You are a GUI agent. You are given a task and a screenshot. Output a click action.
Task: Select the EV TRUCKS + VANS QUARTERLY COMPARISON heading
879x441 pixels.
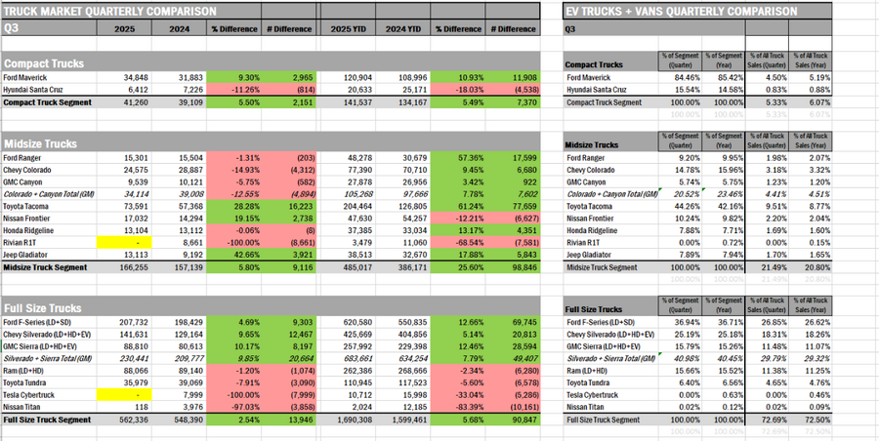(680, 11)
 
